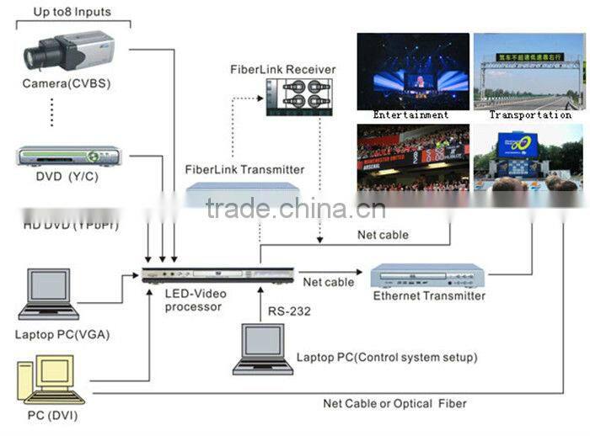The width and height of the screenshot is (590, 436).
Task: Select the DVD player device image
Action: pos(64,157)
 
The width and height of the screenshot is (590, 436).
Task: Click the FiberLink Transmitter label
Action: pos(244,169)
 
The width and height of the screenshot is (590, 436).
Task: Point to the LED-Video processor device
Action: pos(217,277)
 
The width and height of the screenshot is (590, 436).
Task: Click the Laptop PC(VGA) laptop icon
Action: pos(49,295)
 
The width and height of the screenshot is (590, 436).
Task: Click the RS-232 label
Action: pos(289,311)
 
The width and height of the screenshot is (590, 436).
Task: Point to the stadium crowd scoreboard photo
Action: pos(412,157)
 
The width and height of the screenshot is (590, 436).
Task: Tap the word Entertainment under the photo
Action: pos(410,115)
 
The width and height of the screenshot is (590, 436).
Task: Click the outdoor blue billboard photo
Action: pos(528,157)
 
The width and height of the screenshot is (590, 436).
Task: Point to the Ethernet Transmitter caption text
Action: pos(429,296)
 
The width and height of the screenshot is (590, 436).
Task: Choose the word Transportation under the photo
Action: pos(530,115)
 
